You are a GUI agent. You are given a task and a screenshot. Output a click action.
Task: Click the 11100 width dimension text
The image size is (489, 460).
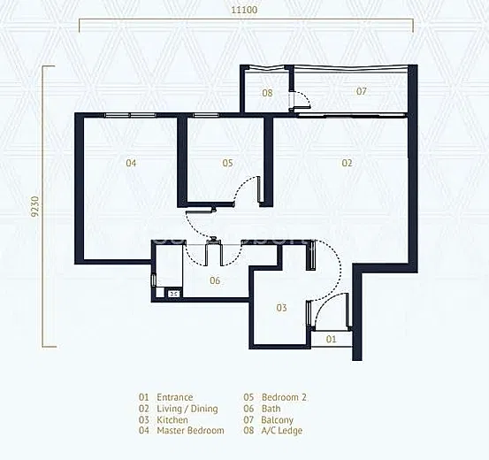click(244, 10)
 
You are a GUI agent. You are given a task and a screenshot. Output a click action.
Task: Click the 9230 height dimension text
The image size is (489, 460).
click(35, 206)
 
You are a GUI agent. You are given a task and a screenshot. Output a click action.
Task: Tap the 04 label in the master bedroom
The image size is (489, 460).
click(131, 163)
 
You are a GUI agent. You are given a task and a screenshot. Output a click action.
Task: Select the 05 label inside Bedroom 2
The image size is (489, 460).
click(227, 163)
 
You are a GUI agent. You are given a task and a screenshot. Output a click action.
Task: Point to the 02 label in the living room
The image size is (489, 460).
click(347, 163)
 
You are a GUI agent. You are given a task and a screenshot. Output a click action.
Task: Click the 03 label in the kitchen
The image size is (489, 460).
click(281, 308)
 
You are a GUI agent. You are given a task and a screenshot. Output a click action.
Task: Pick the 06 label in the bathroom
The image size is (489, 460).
click(215, 280)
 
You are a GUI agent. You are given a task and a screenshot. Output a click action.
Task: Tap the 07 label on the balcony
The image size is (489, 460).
click(362, 91)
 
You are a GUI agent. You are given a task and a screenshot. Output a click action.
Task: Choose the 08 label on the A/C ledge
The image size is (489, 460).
click(267, 93)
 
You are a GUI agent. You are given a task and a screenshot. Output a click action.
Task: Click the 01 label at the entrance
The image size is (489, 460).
click(332, 339)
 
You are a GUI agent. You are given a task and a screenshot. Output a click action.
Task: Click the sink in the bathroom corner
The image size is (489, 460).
click(174, 294)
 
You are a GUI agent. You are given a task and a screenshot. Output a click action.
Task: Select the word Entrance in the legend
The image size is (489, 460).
click(175, 397)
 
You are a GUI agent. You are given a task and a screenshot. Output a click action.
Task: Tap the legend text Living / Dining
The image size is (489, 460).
click(187, 409)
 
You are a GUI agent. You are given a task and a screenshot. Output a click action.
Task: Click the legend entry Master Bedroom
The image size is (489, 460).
click(190, 431)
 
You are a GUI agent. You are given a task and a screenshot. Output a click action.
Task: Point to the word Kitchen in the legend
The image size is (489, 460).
click(172, 419)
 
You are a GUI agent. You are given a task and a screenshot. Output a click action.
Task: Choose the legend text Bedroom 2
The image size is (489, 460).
click(284, 397)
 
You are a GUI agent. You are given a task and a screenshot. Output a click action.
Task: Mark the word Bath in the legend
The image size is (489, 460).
click(271, 409)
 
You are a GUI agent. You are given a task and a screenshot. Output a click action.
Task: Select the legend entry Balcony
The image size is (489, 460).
click(278, 420)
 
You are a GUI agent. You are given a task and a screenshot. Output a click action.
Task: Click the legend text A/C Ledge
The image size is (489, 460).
click(282, 431)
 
